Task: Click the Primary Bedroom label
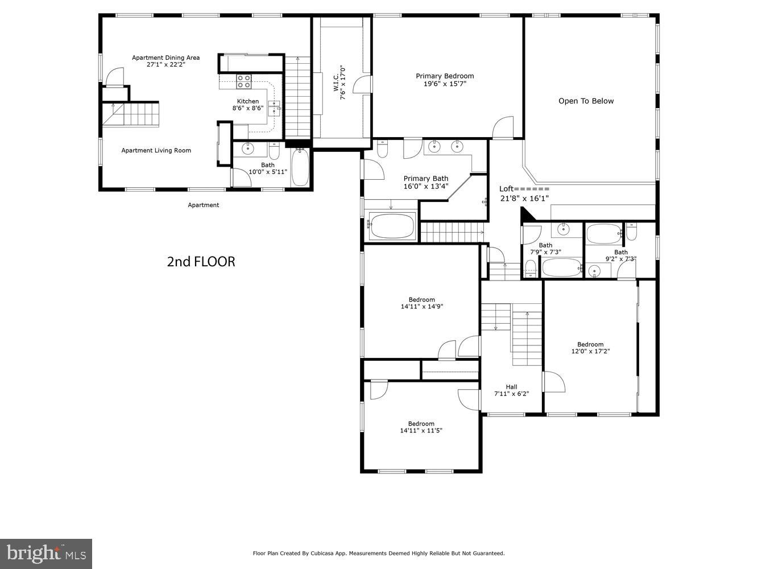[444, 76]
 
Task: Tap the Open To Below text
[586, 101]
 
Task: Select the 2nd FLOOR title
[201, 262]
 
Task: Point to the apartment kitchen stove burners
[244, 81]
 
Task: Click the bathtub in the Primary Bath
[392, 226]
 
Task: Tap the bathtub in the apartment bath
[300, 168]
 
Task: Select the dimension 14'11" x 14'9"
[421, 307]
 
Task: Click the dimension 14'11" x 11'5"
[421, 431]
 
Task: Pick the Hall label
[511, 387]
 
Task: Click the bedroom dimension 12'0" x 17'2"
[590, 352]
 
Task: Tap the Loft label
[506, 189]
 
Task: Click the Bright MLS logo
[46, 553]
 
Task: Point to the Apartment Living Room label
[156, 151]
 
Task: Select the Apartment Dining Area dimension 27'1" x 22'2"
[165, 65]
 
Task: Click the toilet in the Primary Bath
[383, 150]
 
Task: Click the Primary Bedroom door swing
[503, 128]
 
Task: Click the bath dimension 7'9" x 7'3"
[545, 252]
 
